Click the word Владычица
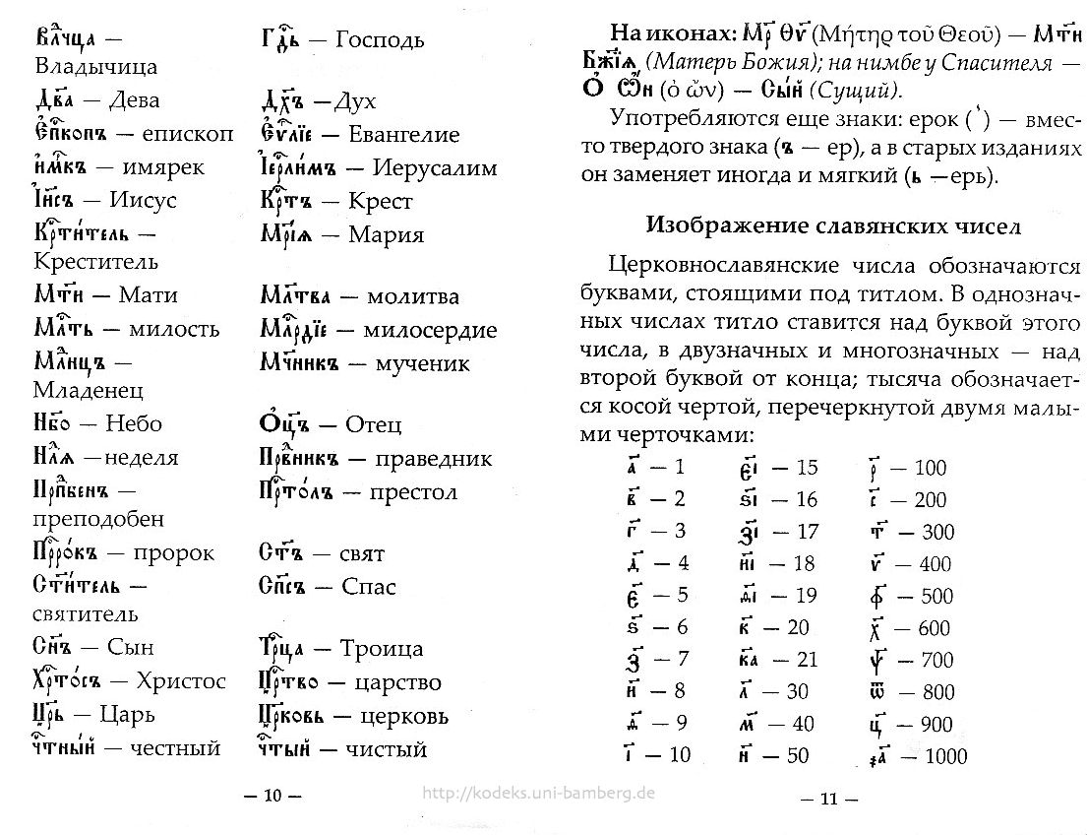pyautogui.click(x=95, y=68)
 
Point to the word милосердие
pyautogui.click(x=430, y=330)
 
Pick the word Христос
pyautogui.click(x=180, y=681)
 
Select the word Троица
pyautogui.click(x=381, y=648)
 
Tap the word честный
pyautogui.click(x=174, y=749)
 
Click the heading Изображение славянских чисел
pyautogui.click(x=833, y=225)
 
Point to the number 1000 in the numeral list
pyautogui.click(x=945, y=757)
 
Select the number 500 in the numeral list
pyautogui.click(x=937, y=596)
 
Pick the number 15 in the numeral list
pyautogui.click(x=807, y=468)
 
